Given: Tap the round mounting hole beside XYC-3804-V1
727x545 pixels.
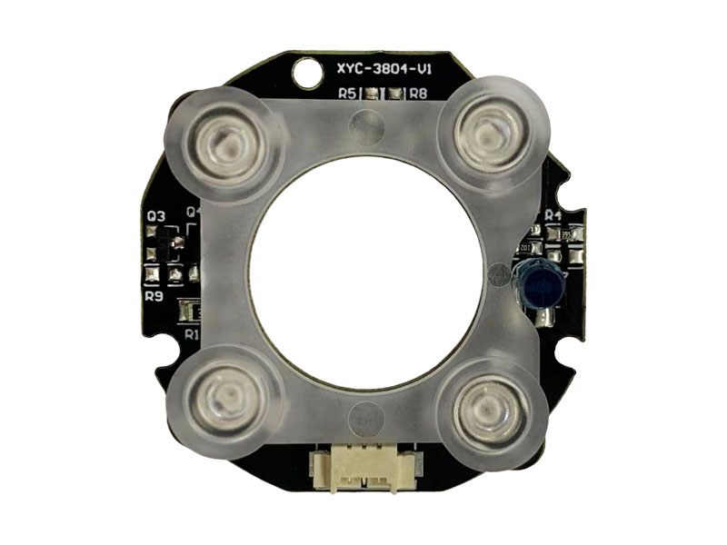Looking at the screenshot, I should (305, 69).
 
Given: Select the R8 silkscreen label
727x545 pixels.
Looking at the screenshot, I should (419, 93).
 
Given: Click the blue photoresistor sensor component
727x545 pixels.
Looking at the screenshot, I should (540, 282).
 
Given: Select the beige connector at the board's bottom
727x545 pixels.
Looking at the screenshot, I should (363, 467).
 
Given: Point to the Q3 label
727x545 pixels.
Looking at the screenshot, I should (155, 217).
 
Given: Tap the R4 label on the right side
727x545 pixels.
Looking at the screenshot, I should (553, 216).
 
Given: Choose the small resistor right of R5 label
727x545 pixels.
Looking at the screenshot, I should (373, 93).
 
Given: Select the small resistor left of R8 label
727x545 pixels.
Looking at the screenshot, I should (395, 93).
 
